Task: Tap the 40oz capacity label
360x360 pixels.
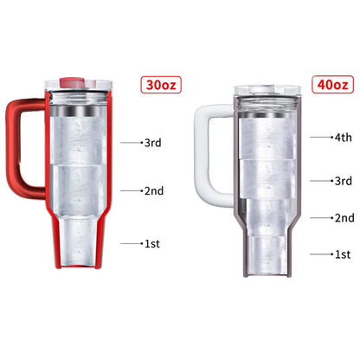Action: tap(331, 85)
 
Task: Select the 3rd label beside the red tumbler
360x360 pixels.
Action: tap(154, 141)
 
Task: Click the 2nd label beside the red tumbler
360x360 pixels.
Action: tap(154, 190)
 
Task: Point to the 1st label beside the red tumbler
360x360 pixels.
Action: tap(152, 244)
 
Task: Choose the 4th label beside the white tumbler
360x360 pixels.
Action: tap(342, 137)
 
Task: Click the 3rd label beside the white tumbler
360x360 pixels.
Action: tap(342, 181)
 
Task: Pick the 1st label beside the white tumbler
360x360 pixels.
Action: tap(342, 254)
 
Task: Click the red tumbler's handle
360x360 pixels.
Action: tap(19, 147)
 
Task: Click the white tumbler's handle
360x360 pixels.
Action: tap(207, 147)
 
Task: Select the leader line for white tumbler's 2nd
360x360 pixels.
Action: tap(321, 218)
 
